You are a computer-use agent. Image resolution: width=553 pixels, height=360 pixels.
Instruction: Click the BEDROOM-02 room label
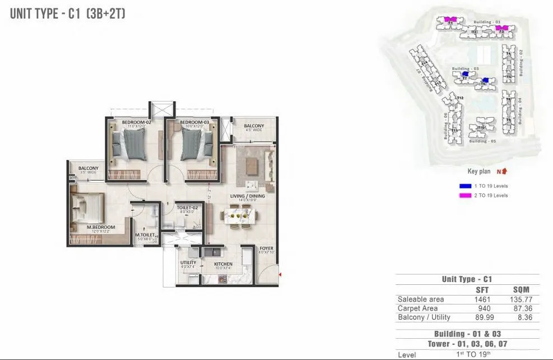(137, 122)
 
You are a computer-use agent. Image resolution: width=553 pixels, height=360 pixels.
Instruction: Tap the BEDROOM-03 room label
(194, 122)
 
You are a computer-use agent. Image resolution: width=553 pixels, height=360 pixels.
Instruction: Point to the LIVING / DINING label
(247, 196)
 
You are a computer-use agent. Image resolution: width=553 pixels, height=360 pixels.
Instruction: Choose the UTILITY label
(188, 262)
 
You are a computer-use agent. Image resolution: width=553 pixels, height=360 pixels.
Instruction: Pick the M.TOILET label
(144, 235)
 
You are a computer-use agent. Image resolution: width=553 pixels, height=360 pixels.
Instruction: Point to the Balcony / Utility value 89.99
(482, 317)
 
